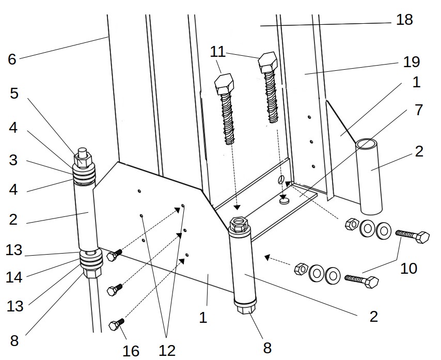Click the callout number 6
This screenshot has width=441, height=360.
tap(12, 59)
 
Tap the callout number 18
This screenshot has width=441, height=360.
tap(404, 20)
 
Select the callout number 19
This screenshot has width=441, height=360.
tap(412, 62)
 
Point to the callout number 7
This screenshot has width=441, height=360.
tap(418, 110)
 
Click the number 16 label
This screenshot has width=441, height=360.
tap(131, 351)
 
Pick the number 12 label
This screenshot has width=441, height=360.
tap(167, 351)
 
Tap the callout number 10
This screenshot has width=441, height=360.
tap(408, 269)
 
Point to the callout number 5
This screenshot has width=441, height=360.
tap(14, 94)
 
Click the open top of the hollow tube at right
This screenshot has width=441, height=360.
tap(369, 143)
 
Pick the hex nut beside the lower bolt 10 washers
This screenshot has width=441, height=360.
tap(300, 270)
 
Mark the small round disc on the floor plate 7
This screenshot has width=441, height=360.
tap(283, 201)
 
